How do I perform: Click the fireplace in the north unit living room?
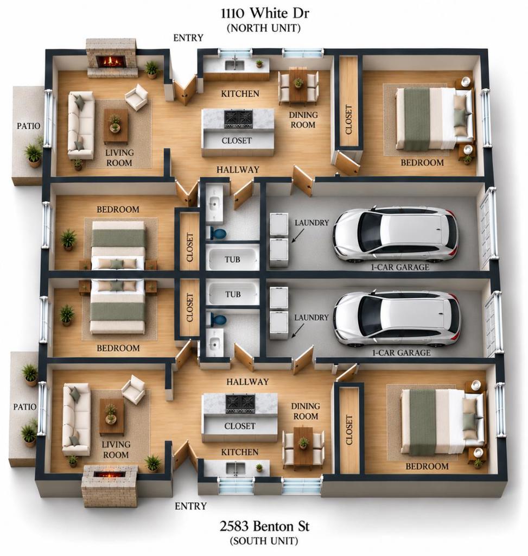coord(112,58)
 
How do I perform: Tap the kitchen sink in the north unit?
coord(234,65)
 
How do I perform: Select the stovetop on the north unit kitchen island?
coord(238,119)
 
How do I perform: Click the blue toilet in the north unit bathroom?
coord(217,233)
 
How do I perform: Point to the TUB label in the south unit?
coord(233,294)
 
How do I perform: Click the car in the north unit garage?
coord(396,235)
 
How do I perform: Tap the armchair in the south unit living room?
coord(133,390)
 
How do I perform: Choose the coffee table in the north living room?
coord(116,126)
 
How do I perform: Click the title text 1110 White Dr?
coord(265,13)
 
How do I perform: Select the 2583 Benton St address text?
coord(264,526)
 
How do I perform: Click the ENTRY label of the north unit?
coord(188,37)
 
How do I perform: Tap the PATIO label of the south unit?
coord(25,407)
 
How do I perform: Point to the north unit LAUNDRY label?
coord(312,223)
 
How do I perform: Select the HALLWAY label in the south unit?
coord(247,382)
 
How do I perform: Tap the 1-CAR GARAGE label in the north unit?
coord(400,267)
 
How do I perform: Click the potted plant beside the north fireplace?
coord(151,69)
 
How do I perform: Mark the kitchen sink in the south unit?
coord(236,468)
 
